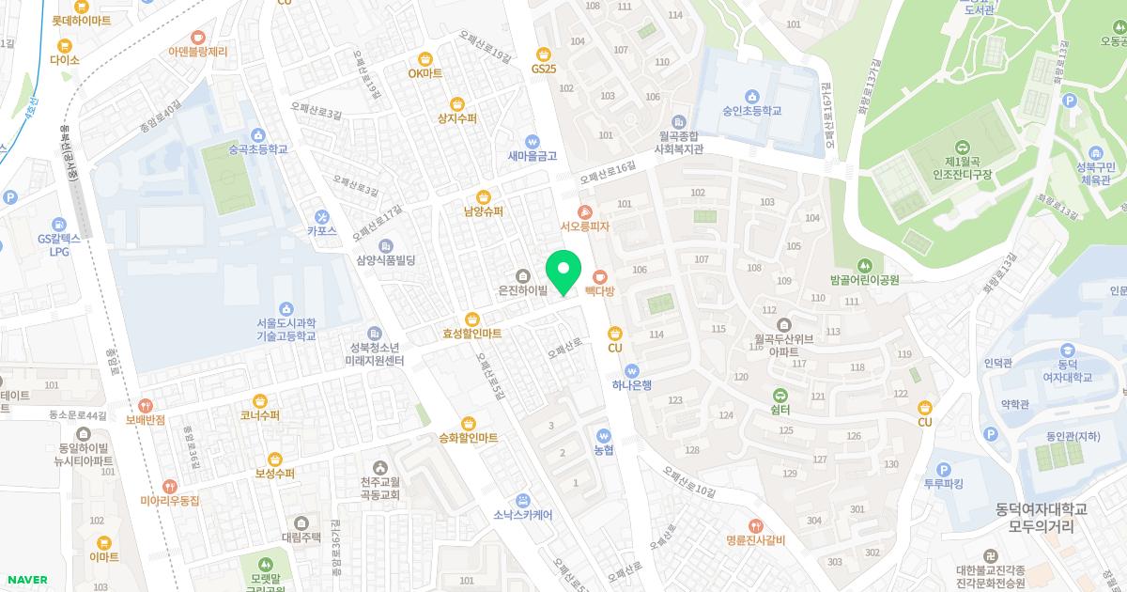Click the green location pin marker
tap(563, 273)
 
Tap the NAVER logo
tap(26, 580)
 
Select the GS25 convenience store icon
tap(543, 55)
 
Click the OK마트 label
tap(425, 73)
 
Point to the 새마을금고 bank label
tap(533, 156)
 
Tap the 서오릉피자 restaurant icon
tap(585, 212)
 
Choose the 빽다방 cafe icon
tap(599, 276)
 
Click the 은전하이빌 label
tap(523, 292)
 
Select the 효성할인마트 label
tap(472, 334)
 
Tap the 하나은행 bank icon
tap(631, 370)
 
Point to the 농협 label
tap(603, 450)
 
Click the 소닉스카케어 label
tap(522, 515)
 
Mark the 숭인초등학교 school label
tap(751, 111)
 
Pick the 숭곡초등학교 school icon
tap(257, 134)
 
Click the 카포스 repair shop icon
tap(321, 216)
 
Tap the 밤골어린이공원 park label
tap(864, 280)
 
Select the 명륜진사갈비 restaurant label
tap(754, 540)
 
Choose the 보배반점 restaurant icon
tap(145, 405)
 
